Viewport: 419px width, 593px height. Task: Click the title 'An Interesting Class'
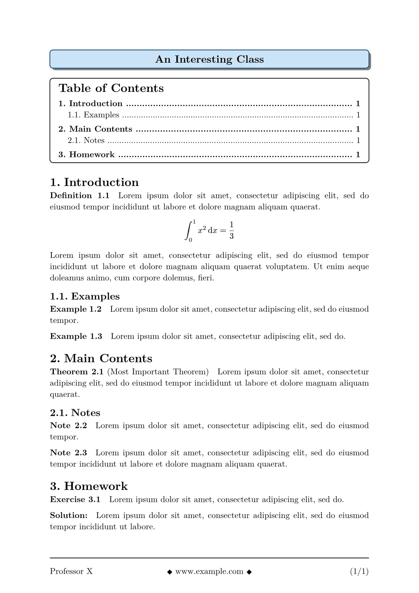point(209,59)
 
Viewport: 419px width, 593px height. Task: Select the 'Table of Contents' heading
point(111,88)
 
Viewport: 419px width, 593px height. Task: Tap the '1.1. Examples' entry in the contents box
point(94,115)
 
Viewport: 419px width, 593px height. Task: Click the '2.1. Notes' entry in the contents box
point(86,140)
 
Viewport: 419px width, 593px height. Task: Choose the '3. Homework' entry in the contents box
point(87,155)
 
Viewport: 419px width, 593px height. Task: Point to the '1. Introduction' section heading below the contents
point(94,182)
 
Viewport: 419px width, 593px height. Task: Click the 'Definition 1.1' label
point(80,196)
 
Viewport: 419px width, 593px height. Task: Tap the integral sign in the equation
point(189,230)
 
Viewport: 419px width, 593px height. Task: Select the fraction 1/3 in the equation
point(231,230)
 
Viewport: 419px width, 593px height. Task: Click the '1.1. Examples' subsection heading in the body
point(85,296)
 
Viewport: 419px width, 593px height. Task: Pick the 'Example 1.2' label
point(76,309)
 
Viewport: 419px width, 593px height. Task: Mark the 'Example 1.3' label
point(76,336)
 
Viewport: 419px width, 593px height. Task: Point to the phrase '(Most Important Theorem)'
point(158,372)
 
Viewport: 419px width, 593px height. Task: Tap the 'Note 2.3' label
point(68,452)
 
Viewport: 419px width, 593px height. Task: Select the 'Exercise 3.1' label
point(75,499)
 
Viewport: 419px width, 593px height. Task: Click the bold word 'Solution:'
point(69,516)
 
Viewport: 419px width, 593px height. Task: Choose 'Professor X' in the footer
point(71,571)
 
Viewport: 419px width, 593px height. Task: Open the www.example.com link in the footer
point(209,571)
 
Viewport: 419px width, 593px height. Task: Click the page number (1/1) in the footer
point(359,571)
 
